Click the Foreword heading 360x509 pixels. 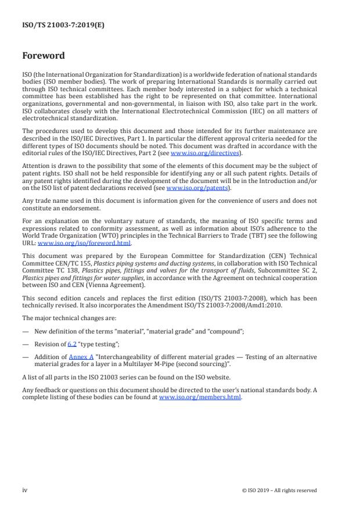pos(44,56)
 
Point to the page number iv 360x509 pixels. pos(25,490)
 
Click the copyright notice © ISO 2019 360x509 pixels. pos(279,490)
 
